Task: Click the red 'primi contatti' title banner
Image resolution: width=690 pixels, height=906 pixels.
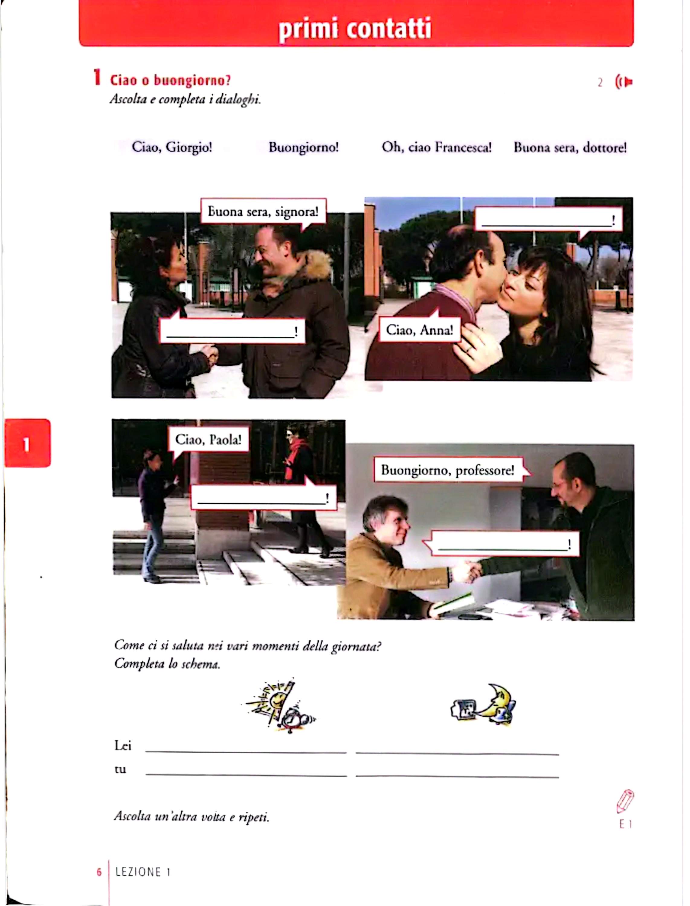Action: point(356,23)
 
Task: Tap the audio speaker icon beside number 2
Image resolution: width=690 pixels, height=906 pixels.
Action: point(624,82)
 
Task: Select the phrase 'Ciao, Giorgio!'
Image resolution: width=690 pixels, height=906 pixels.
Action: point(172,147)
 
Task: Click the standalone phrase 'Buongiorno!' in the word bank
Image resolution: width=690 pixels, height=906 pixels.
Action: point(304,147)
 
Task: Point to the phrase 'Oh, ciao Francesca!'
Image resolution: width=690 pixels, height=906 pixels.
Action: point(437,147)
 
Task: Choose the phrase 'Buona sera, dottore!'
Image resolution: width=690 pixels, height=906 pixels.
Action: point(570,147)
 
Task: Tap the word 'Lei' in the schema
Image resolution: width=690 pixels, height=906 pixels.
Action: point(122,746)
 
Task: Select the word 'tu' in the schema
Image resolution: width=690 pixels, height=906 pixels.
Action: point(120,770)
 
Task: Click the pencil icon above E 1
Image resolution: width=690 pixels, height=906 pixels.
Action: point(625,801)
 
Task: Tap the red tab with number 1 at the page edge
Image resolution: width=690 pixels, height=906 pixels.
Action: point(27,443)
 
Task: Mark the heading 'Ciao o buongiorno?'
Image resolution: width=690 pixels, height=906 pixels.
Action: point(170,80)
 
